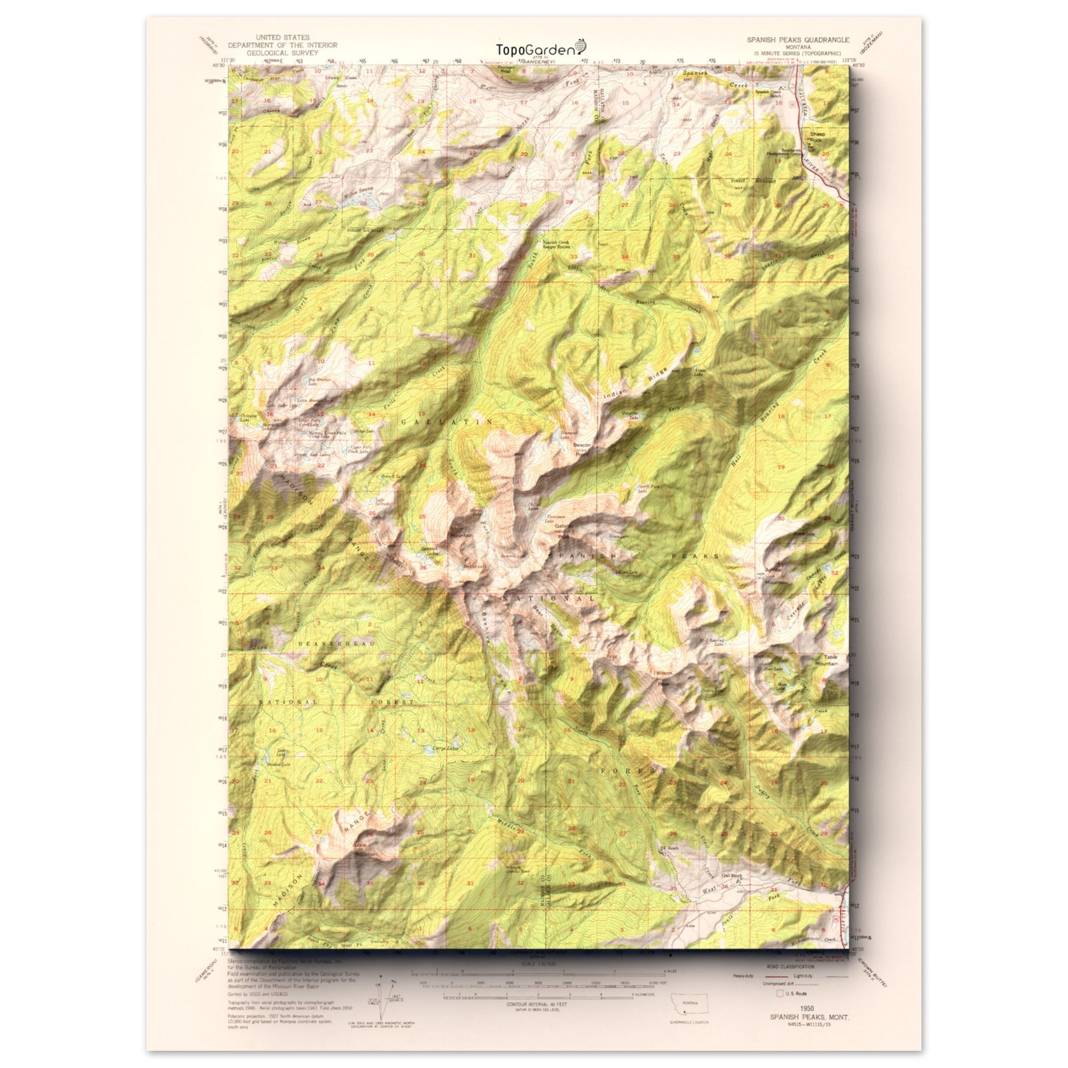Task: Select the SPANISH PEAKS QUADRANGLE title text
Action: [x=790, y=41]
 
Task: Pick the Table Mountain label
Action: [x=825, y=661]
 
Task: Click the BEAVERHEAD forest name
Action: [x=335, y=644]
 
